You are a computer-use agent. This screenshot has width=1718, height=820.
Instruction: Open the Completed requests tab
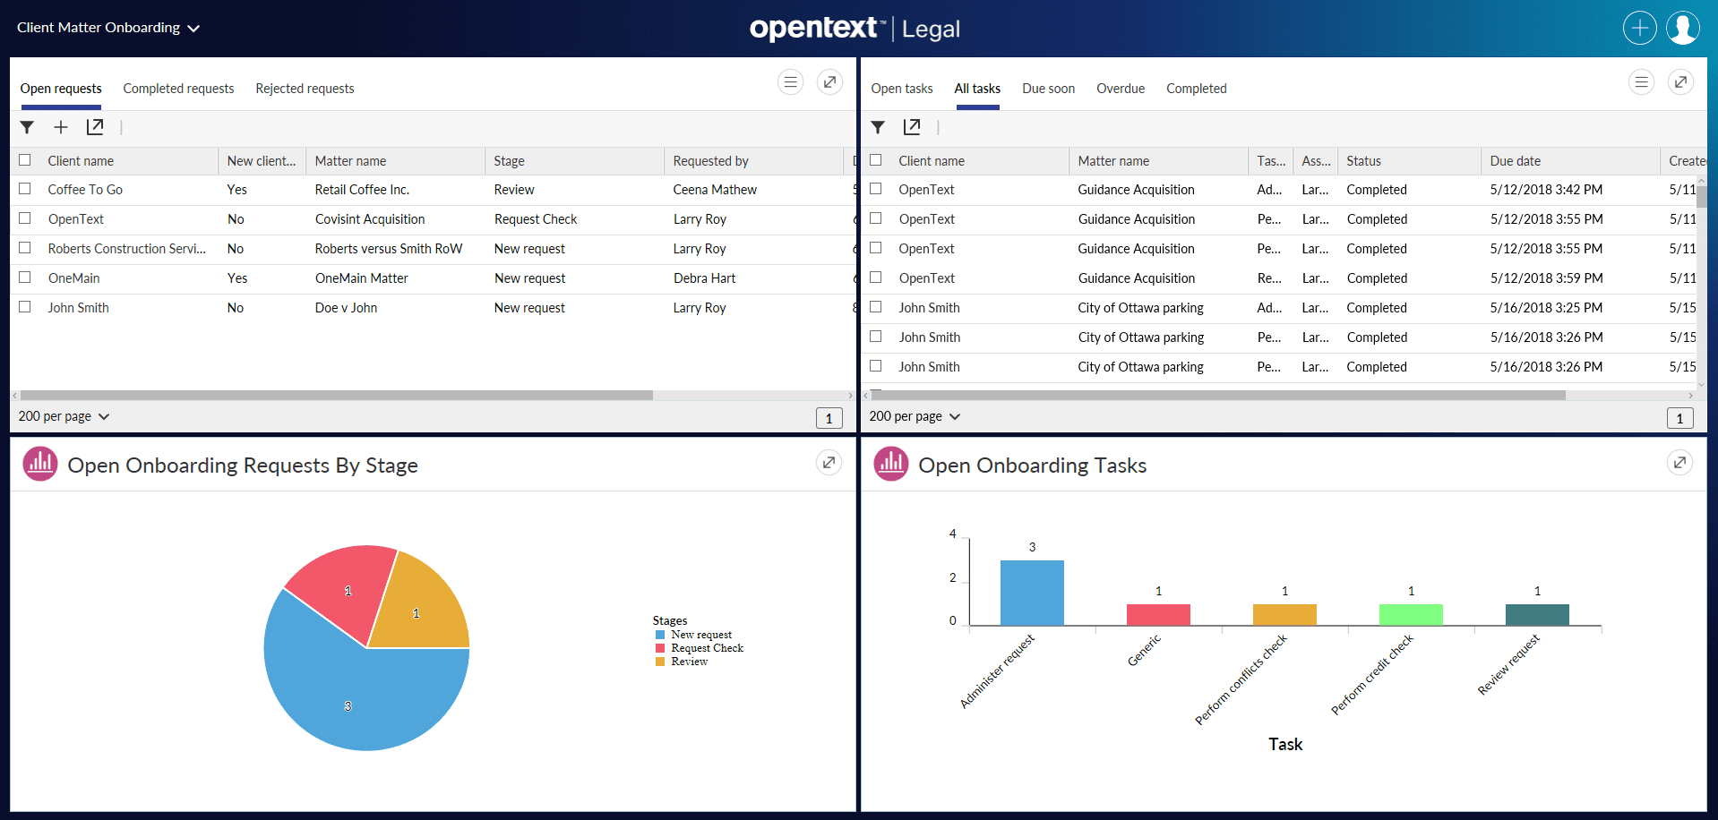coord(178,89)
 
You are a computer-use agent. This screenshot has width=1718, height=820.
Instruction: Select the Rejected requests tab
coord(305,89)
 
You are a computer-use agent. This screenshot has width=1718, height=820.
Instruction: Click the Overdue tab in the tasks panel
coord(1121,89)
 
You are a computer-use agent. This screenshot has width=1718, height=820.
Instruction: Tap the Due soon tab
coord(1048,89)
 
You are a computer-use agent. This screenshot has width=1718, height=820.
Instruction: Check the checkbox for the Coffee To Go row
coord(25,189)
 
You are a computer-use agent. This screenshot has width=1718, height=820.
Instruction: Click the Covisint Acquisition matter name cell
coord(370,219)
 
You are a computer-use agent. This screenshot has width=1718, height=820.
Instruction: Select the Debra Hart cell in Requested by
coord(704,278)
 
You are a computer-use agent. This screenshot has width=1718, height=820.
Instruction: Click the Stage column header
coord(509,161)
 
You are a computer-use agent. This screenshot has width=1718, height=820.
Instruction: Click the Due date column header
coord(1515,161)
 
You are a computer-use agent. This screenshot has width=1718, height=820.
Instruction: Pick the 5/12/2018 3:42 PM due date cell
coord(1546,190)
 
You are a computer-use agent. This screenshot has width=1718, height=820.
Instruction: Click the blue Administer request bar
coord(1032,593)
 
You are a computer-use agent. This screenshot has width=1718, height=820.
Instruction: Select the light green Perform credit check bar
coord(1411,615)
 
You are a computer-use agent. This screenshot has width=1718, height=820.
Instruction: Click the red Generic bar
coord(1158,615)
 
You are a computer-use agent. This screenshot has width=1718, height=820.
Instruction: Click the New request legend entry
coord(700,635)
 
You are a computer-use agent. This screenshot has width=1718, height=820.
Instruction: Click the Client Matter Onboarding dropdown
coord(107,28)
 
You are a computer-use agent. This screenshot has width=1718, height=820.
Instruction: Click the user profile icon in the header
coord(1682,28)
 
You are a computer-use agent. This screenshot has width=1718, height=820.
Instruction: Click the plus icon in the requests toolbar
coord(61,127)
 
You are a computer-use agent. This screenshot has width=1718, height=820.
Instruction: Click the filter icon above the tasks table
coord(878,127)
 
